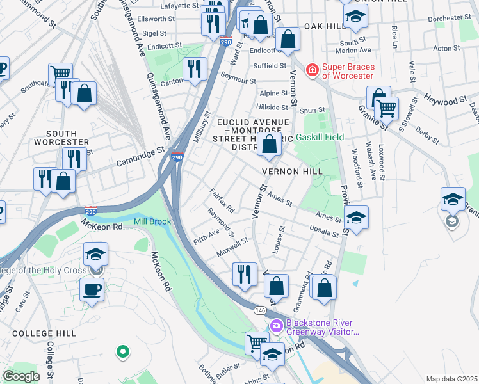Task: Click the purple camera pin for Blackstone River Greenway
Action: pos(276,326)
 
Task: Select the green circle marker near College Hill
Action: pos(122,351)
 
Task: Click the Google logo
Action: pos(21,376)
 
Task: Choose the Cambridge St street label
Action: pos(136,158)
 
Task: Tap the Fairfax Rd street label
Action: pos(222,200)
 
